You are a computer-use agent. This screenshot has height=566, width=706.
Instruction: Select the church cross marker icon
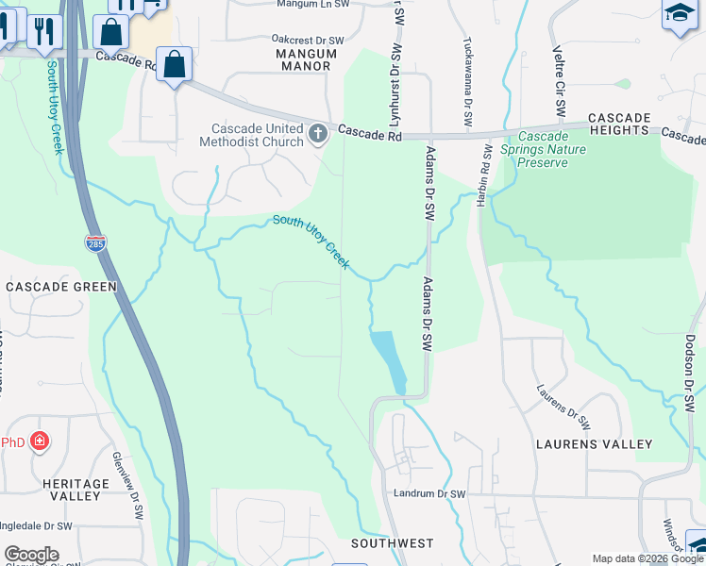317,134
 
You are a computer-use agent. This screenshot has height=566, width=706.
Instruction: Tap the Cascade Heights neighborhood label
620,118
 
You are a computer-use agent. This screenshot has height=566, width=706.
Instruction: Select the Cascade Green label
61,286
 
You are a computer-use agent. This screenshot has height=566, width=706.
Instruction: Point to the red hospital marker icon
39,441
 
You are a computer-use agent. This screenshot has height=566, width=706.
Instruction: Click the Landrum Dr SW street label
431,494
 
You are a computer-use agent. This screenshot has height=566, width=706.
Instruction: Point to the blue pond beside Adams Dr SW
388,359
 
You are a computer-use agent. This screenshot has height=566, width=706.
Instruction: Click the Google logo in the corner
31,555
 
